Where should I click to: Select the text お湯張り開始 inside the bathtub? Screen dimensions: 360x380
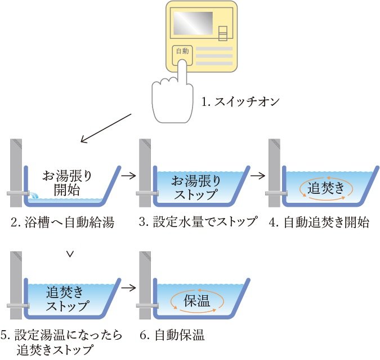pos(69,181)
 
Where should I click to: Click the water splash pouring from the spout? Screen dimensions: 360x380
pos(35,194)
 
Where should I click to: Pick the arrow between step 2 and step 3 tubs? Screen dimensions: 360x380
pos(129,175)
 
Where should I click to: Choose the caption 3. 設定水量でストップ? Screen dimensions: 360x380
pos(198,222)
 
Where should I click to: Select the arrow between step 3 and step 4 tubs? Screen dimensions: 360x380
pos(258,175)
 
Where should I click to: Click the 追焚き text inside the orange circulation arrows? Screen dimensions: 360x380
pos(326,188)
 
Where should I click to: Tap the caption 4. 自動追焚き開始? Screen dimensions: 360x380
pos(319,222)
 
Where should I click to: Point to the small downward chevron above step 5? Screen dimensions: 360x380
pos(70,254)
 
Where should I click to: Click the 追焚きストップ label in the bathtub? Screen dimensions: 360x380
pos(68,299)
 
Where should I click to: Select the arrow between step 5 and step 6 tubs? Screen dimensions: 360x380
pos(129,288)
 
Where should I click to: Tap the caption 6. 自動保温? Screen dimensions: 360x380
pos(172,336)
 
